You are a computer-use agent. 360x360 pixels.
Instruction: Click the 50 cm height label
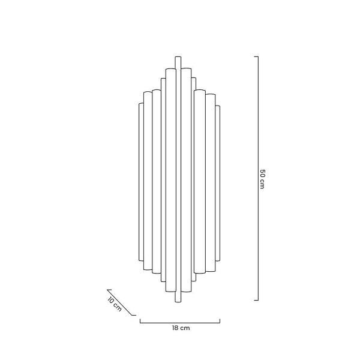tap(262, 178)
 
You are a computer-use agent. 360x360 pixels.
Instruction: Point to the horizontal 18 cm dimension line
tap(180, 322)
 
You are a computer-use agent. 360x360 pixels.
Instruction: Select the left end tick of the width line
tap(140, 321)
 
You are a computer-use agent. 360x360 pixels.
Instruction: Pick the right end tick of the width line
tap(220, 321)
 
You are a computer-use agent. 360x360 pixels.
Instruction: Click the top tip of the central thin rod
tap(178, 58)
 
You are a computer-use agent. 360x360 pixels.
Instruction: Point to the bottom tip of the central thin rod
tap(178, 299)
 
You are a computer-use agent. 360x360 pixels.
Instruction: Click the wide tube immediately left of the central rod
tap(170, 180)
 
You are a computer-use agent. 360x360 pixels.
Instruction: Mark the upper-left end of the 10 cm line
tap(109, 289)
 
